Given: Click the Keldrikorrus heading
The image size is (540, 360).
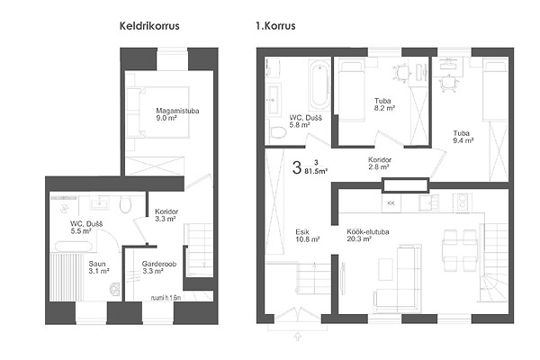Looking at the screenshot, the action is click(149, 26).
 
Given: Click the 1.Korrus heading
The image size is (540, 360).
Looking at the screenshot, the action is click(275, 26).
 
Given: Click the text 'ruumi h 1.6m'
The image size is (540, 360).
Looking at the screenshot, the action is click(166, 298).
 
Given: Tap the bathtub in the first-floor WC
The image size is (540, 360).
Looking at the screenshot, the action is click(319, 85).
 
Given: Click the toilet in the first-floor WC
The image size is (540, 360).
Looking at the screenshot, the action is click(278, 132).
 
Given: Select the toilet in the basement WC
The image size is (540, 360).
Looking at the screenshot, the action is click(126, 204).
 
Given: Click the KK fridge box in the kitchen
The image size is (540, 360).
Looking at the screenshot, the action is click(391, 203).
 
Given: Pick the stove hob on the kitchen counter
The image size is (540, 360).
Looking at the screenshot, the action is click(463, 202).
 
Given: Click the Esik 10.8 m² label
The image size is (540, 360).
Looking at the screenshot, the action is click(307, 236).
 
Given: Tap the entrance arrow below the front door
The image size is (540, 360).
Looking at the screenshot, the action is click(298, 337).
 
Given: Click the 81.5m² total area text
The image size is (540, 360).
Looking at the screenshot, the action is click(316, 170).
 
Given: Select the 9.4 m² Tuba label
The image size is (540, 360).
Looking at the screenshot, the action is click(463, 137).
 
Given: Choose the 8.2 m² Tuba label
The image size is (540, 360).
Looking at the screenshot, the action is click(384, 104).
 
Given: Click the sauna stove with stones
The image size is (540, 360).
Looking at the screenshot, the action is click(114, 289).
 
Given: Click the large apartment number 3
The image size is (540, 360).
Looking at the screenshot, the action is click(296, 168).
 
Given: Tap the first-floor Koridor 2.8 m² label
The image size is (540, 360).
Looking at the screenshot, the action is click(380, 163).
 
